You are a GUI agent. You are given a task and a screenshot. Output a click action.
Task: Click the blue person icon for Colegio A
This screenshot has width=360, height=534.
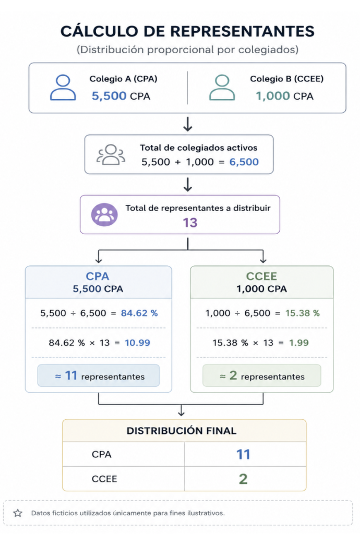click(x=63, y=88)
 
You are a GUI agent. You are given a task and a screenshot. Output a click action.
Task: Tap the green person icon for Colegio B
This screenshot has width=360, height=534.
click(x=222, y=88)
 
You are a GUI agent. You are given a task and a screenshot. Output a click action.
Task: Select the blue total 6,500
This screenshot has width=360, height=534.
click(x=244, y=162)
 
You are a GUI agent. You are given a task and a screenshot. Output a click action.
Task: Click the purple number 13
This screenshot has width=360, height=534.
click(x=190, y=223)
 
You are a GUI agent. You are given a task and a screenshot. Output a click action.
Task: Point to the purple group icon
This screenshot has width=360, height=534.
click(x=104, y=214)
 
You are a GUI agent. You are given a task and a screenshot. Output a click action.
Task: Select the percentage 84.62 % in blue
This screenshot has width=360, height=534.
click(x=139, y=313)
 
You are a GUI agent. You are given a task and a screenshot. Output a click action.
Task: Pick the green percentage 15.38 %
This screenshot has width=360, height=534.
click(x=303, y=313)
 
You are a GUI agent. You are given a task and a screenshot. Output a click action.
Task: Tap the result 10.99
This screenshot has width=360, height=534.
click(x=137, y=343)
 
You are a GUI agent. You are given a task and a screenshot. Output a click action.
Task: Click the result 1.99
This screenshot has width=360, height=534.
click(x=298, y=343)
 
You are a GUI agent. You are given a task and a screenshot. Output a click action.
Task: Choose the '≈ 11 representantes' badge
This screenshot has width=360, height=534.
click(x=99, y=375)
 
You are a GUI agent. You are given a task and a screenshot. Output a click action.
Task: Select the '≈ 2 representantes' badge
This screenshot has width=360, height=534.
click(x=261, y=375)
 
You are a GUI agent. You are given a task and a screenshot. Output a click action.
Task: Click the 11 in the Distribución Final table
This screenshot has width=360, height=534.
click(x=243, y=454)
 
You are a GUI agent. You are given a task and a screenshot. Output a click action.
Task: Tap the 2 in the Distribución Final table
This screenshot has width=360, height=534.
click(x=243, y=479)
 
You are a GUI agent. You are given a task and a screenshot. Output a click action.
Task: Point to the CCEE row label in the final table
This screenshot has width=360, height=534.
click(x=104, y=479)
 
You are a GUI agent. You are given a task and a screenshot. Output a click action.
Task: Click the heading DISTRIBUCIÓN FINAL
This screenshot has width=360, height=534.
click(x=182, y=431)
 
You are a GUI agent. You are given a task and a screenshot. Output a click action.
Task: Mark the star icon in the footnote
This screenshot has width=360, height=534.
click(x=18, y=513)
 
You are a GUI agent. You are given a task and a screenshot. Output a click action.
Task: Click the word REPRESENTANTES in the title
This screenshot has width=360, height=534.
click(x=242, y=31)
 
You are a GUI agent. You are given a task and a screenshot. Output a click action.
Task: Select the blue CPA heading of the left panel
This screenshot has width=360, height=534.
click(x=98, y=276)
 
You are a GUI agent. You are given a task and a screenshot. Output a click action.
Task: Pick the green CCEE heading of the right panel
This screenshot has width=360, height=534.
click(x=261, y=276)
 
